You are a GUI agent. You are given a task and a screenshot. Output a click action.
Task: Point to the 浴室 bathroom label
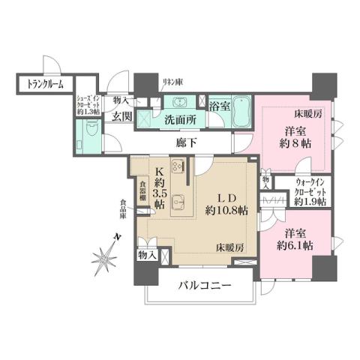[219, 104]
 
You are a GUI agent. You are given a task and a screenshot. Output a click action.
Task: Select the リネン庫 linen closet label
[172, 80]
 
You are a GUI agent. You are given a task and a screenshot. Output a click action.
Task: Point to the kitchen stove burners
[179, 168]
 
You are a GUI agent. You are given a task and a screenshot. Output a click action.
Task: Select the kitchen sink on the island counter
[178, 199]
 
